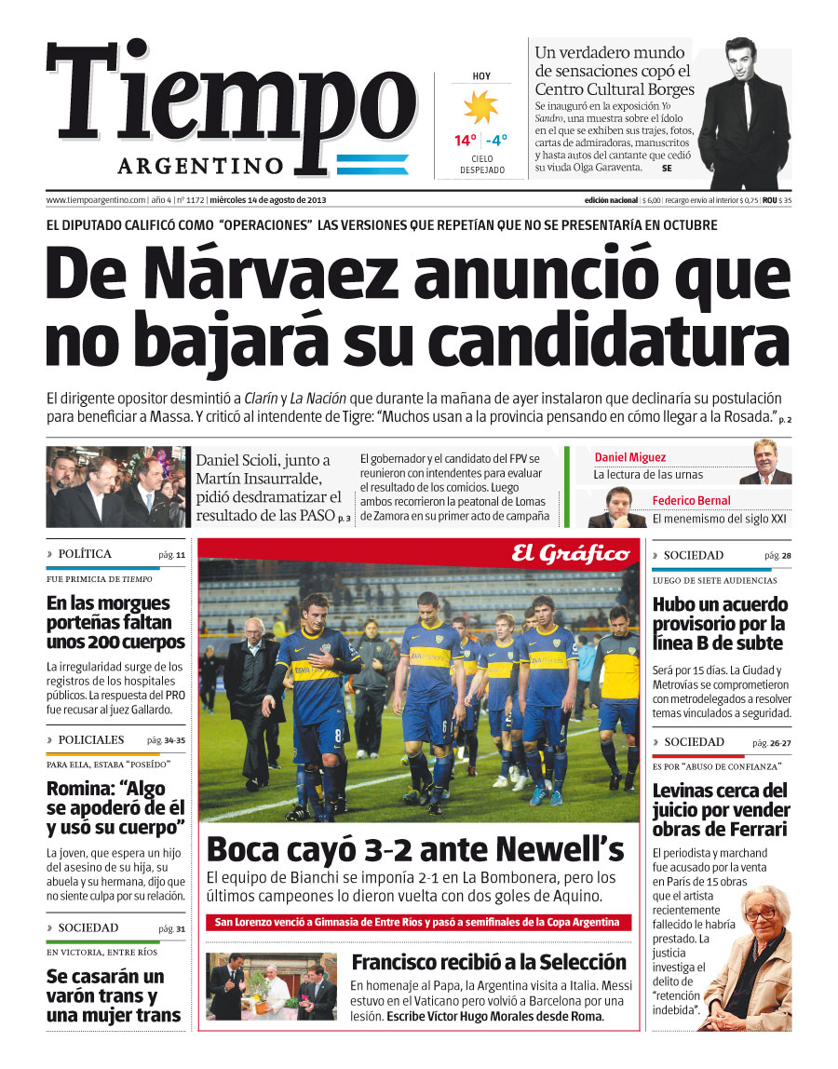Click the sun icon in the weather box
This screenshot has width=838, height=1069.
point(481,108)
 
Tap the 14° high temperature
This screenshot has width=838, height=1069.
point(465,141)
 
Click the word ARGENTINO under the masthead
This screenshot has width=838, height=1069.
point(200,166)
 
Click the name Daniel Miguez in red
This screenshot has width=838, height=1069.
point(630,457)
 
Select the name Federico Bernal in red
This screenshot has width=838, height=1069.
point(691,500)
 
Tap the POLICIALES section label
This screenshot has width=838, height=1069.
point(90,740)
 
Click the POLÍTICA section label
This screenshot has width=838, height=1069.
point(84,554)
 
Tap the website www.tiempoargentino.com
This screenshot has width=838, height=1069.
point(96,200)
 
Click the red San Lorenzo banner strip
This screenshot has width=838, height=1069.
point(417,922)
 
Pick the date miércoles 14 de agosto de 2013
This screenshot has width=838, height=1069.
point(267,200)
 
